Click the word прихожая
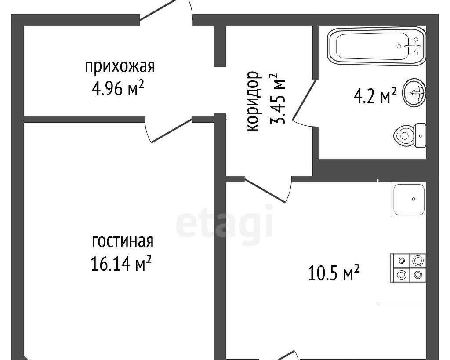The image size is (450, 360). click(120, 67)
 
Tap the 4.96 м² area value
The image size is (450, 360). click(118, 89)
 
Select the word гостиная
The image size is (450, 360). click(123, 242)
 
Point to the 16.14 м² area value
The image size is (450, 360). click(121, 263)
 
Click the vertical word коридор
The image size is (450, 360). click(254, 102)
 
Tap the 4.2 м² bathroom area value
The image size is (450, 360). click(375, 96)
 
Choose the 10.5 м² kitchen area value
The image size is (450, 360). click(334, 273)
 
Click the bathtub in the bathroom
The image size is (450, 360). click(377, 47)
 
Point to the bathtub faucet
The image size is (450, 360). click(415, 46)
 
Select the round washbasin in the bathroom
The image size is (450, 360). click(414, 92)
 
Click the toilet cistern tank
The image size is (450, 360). click(421, 135)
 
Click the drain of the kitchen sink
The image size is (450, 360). click(414, 199)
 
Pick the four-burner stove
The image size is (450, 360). click(408, 268)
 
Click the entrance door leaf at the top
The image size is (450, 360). click(158, 10)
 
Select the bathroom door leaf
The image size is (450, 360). click(304, 100)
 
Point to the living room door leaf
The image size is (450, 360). click(172, 131)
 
